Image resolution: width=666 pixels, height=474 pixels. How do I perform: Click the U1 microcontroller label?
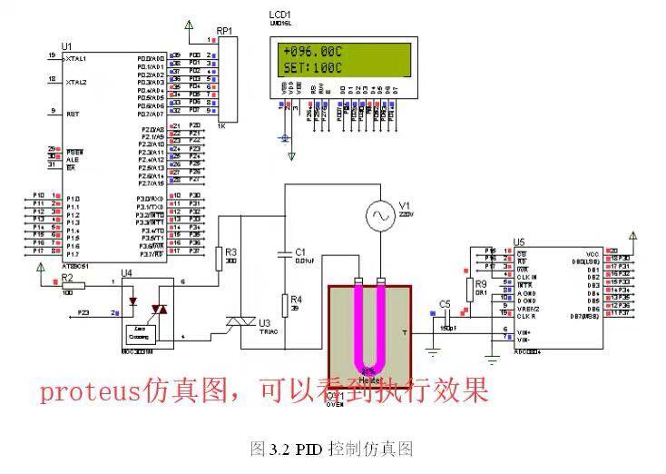click(65, 45)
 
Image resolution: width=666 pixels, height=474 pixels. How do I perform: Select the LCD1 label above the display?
click(280, 15)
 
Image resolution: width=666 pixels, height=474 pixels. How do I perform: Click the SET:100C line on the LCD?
click(312, 67)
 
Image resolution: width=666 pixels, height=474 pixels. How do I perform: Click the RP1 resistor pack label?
click(224, 31)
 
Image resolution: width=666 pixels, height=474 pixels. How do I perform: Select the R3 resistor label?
click(231, 252)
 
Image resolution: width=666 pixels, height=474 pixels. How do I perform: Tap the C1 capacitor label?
click(301, 252)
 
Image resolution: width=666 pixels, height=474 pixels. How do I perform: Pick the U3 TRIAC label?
click(264, 322)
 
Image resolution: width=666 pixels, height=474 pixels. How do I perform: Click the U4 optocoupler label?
click(127, 273)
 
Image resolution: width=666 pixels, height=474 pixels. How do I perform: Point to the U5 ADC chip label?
click(519, 242)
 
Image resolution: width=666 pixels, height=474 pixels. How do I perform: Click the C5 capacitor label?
click(444, 303)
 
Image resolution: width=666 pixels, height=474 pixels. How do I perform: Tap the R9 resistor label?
click(481, 283)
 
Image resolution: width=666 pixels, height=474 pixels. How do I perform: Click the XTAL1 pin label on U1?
click(76, 57)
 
